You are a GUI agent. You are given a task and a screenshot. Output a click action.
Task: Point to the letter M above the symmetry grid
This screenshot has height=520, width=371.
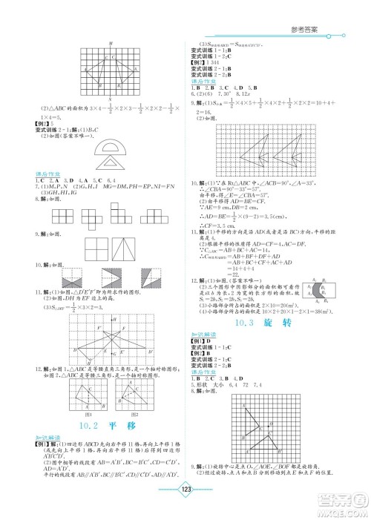point(110,45)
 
